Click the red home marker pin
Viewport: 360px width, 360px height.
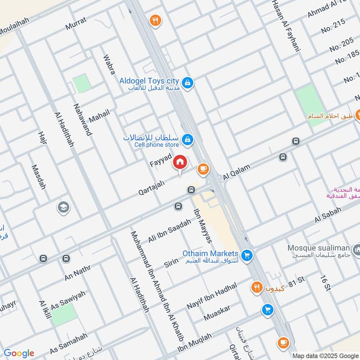(180, 162)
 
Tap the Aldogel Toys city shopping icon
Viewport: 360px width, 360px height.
(189, 82)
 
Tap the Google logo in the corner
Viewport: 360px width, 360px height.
(19, 353)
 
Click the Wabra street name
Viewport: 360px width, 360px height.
(109, 64)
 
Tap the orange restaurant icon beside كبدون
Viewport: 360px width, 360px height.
(256, 287)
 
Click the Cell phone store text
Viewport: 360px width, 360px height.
(155, 144)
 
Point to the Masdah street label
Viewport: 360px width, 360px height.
(39, 176)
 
